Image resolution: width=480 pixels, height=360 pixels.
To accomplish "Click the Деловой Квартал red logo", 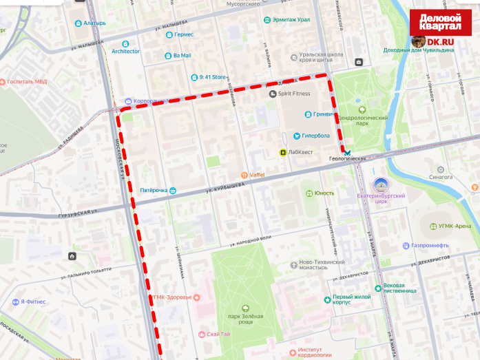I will pyautogui.click(x=440, y=21).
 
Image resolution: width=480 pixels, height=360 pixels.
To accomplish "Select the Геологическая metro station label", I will pyautogui.click(x=347, y=158).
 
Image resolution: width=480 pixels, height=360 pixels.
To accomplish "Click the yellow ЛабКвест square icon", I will pyautogui.click(x=283, y=152).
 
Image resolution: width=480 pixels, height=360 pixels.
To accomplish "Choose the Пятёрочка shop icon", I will pyautogui.click(x=173, y=190).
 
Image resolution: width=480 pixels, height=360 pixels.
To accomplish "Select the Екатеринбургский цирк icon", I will pyautogui.click(x=380, y=184).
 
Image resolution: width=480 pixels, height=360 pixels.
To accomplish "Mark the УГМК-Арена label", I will pyautogui.click(x=455, y=226).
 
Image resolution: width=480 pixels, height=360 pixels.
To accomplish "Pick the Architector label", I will pyautogui.click(x=125, y=51).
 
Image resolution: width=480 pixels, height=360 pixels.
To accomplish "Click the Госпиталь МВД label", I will pyautogui.click(x=27, y=81).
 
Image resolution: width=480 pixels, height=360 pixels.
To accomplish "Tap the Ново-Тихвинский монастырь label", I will pyautogui.click(x=317, y=265).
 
